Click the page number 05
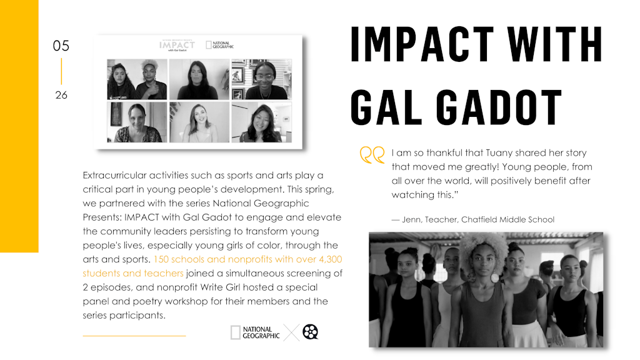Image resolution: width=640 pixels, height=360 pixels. [x=61, y=46]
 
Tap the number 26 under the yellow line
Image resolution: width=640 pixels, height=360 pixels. [x=61, y=95]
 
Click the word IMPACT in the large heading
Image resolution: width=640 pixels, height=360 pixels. [x=422, y=44]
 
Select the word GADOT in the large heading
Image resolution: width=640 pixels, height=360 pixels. [x=499, y=107]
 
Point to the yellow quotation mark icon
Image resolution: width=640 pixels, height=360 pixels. [x=372, y=155]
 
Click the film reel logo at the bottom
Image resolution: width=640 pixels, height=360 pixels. [x=310, y=332]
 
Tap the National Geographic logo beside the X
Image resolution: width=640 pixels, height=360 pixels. [x=256, y=332]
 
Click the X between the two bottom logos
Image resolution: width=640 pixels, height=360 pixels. [x=291, y=332]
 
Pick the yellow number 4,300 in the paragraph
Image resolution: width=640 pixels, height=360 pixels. [x=330, y=259]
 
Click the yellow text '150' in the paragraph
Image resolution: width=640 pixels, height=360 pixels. [x=161, y=259]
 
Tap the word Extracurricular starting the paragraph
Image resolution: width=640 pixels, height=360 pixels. [x=115, y=176]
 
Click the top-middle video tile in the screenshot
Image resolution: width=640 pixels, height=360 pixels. [x=199, y=79]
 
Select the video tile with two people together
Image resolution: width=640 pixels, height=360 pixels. [x=137, y=79]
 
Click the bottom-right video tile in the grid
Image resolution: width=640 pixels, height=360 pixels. [x=262, y=122]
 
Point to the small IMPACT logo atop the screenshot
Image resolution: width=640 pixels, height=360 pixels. [x=177, y=45]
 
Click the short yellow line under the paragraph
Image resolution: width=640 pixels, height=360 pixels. [x=134, y=336]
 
